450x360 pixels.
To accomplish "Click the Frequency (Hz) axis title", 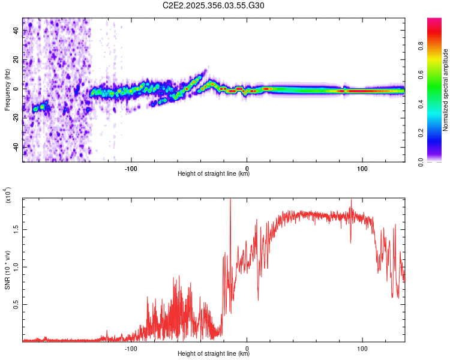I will click(7, 90).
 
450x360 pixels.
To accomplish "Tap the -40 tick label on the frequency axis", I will click(16, 146).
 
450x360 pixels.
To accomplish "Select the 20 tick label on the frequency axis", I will click(16, 60).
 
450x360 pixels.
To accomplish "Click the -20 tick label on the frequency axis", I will click(16, 118).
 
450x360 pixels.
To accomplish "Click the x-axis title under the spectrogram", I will click(214, 174).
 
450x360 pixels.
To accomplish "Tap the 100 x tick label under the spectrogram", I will click(362, 167).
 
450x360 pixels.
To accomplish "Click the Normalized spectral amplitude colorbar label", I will click(446, 90).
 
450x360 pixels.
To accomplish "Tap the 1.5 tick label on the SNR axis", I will click(16, 228).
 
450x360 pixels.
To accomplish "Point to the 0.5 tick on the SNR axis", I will click(16, 304).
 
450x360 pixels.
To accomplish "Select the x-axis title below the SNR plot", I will click(214, 354).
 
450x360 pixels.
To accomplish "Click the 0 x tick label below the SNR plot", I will click(247, 347).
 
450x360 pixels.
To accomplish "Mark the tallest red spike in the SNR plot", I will click(230, 202).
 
